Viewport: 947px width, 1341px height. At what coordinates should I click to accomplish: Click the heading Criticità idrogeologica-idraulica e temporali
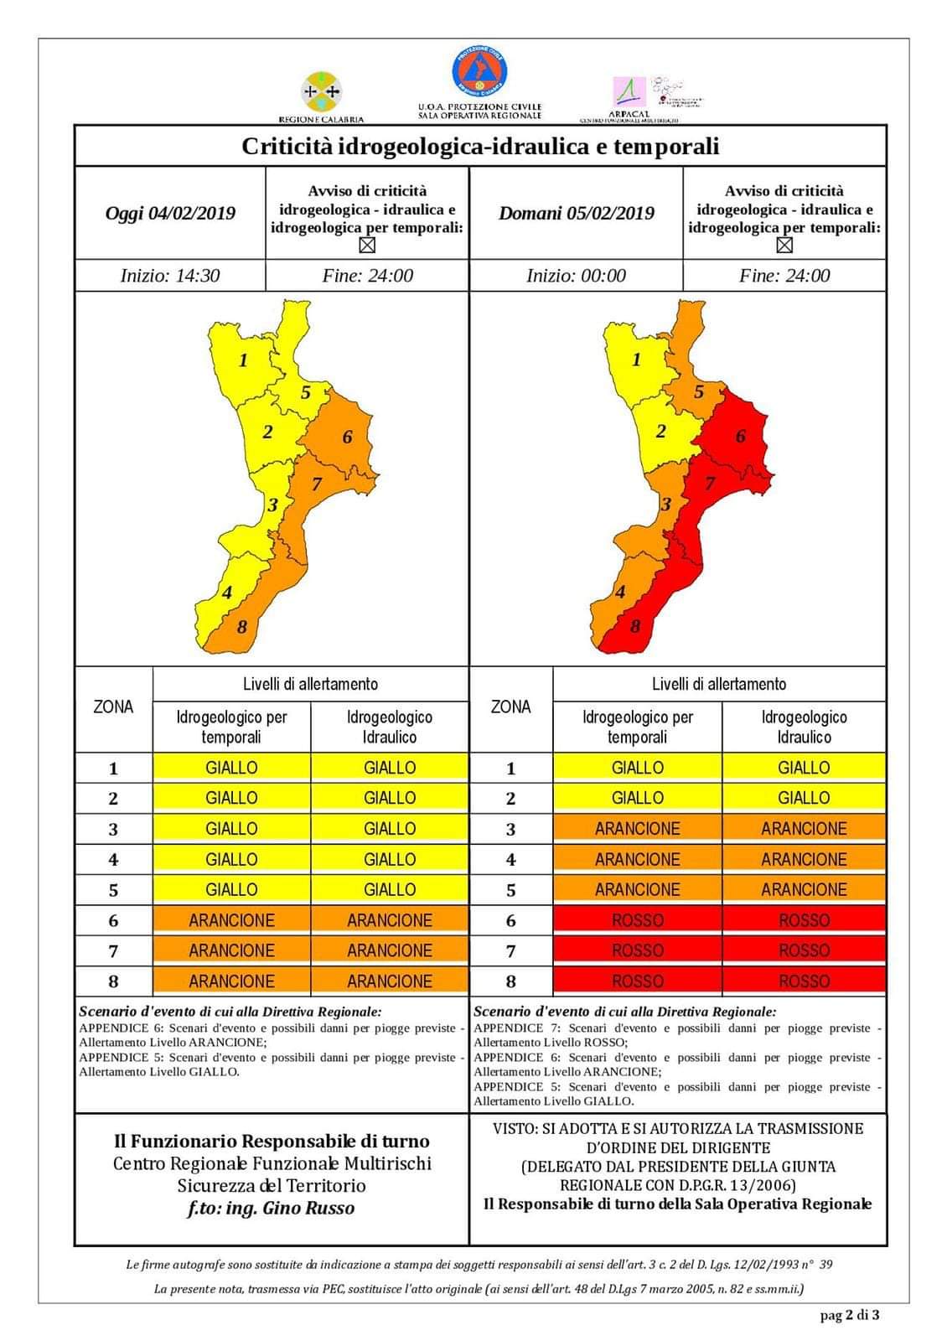[x=480, y=147]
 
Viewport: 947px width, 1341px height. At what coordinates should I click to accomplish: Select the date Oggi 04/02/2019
[x=170, y=213]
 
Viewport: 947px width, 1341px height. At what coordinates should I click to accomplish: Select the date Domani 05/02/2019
[x=577, y=213]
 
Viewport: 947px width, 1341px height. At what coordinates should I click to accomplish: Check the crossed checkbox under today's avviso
[x=366, y=246]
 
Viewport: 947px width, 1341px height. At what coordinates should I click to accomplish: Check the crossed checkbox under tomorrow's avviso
[x=784, y=246]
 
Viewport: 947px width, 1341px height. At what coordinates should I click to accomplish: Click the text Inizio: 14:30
[x=170, y=276]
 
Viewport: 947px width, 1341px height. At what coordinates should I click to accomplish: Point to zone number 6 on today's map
[x=347, y=437]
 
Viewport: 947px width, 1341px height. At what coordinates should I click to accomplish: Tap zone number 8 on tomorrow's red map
[x=635, y=626]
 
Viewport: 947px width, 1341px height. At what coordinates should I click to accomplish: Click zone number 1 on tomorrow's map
[x=636, y=360]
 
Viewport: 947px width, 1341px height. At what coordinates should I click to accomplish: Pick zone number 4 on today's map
[x=227, y=593]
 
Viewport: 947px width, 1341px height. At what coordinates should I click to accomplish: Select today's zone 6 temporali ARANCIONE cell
[x=231, y=920]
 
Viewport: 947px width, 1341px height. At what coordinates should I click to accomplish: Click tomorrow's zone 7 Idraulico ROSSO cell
[x=804, y=950]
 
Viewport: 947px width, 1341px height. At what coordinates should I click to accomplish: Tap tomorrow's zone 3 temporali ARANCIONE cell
[x=637, y=829]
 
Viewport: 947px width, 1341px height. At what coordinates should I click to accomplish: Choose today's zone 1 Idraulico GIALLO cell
[x=390, y=768]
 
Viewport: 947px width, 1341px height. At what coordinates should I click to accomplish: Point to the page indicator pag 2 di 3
[x=850, y=1315]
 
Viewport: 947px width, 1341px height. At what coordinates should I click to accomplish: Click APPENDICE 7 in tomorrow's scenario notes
[x=509, y=1028]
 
